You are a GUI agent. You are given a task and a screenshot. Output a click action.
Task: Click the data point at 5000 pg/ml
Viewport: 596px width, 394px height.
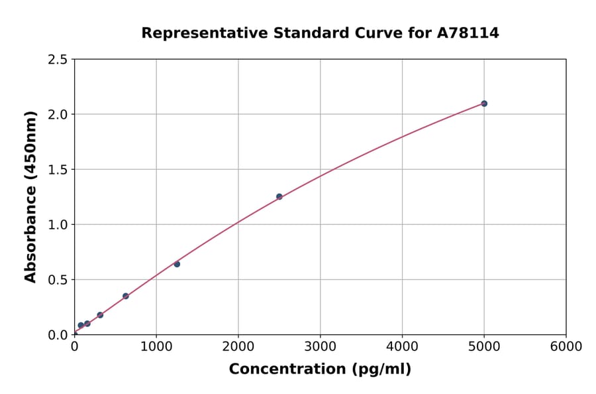[484, 103]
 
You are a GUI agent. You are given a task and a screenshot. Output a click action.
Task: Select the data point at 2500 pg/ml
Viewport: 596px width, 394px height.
[279, 196]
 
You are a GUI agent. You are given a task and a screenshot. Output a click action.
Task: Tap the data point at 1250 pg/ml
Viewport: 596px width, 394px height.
[177, 264]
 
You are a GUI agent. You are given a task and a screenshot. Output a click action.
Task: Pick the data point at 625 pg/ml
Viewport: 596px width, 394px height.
[126, 296]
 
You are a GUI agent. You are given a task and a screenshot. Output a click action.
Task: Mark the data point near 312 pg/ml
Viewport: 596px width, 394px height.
[100, 315]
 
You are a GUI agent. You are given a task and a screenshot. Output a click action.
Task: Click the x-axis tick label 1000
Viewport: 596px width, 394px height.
[156, 347]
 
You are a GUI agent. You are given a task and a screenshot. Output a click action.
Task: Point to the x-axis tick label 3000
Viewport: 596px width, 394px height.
[320, 347]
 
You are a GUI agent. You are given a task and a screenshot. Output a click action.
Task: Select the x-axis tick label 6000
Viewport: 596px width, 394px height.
[566, 347]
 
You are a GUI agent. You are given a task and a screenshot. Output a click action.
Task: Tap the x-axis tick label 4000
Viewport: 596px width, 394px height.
[402, 347]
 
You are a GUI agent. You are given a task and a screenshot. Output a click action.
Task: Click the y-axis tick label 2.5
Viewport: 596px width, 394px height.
[58, 60]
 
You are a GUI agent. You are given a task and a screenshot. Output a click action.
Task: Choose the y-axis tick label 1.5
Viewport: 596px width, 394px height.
[58, 170]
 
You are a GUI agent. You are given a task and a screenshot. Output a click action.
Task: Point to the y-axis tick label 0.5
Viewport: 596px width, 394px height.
[58, 280]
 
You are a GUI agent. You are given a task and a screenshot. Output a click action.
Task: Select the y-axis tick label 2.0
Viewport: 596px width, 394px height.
[58, 115]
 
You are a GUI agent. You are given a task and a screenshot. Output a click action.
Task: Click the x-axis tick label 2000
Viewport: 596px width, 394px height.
[238, 347]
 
